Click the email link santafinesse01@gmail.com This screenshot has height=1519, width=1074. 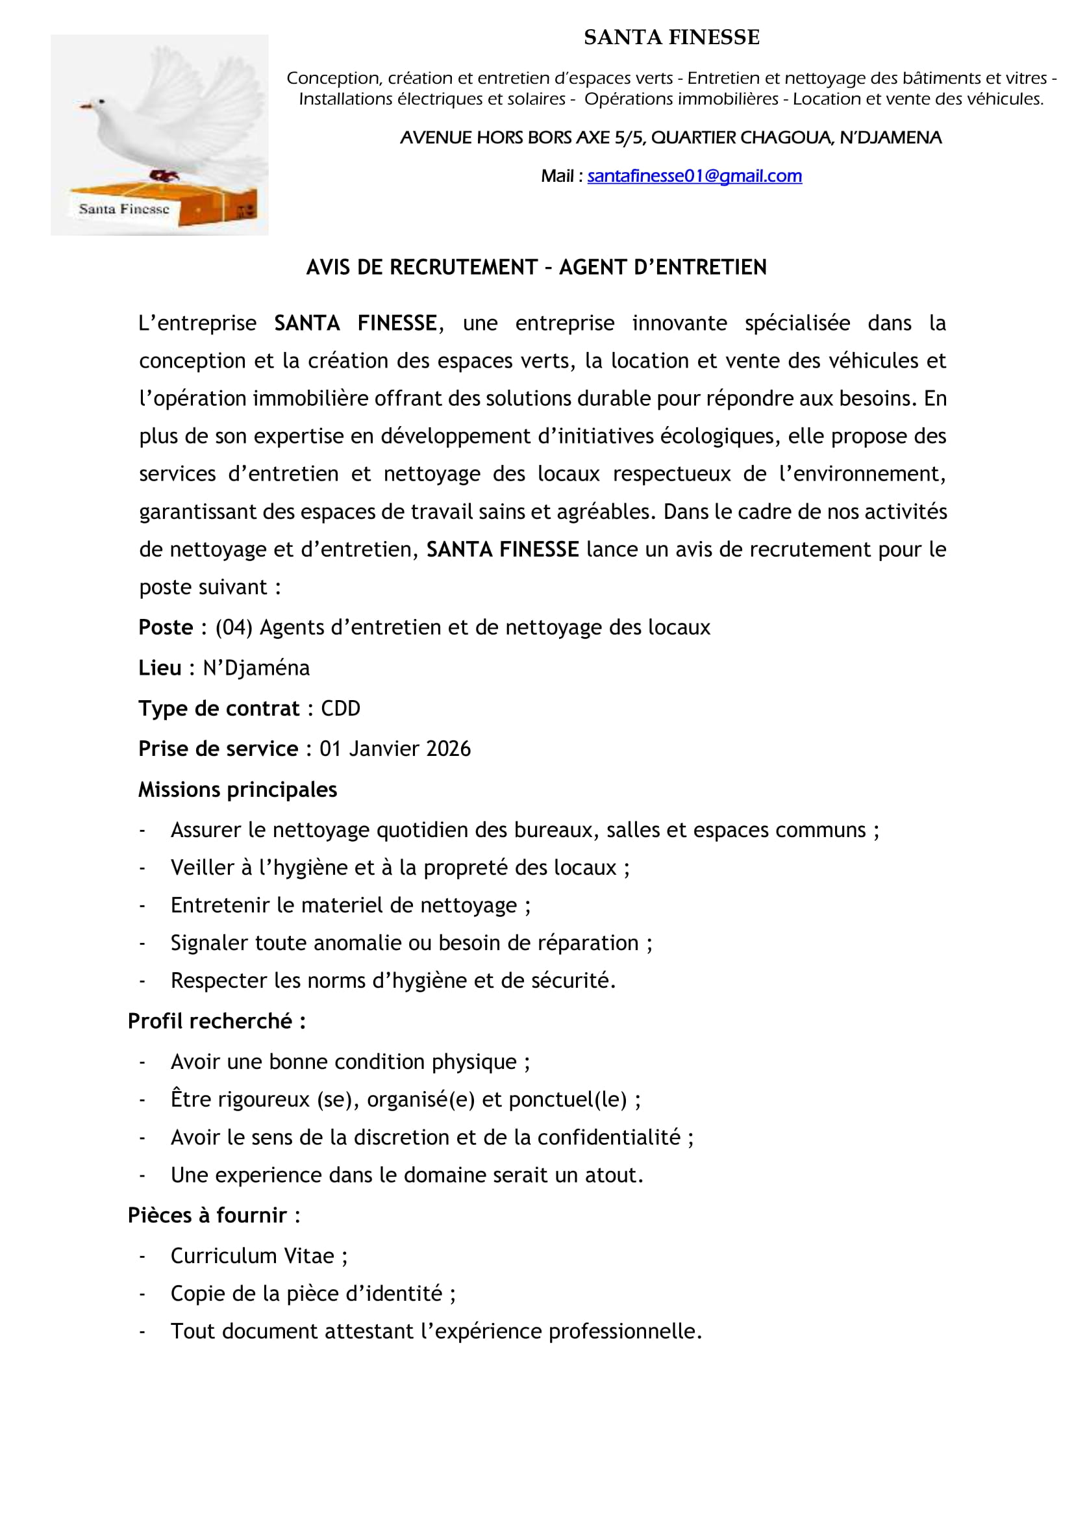coord(693,176)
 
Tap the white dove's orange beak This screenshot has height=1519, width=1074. coord(84,106)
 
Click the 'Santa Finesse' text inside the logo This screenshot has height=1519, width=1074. coord(123,209)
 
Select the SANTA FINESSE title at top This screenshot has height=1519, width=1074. coord(671,38)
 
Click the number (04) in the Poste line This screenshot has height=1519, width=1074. coord(234,627)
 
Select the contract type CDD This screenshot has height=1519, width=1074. coord(341,709)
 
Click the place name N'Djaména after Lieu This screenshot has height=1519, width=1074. coord(256,668)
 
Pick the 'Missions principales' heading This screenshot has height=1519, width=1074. coord(238,790)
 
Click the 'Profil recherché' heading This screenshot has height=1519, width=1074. coord(216,1022)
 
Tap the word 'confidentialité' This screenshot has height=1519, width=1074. coord(608,1137)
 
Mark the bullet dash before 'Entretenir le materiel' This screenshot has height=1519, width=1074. coord(142,906)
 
